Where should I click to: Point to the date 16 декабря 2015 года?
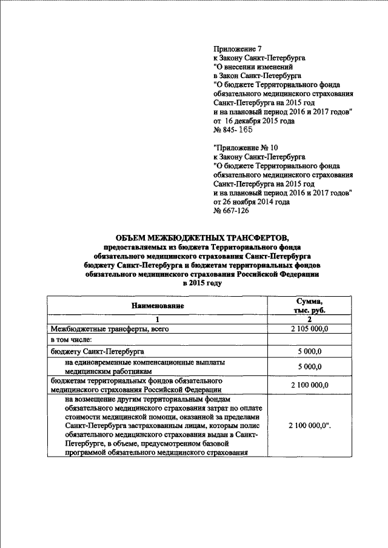pyautogui.click(x=259, y=121)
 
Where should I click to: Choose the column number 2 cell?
pyautogui.click(x=309, y=319)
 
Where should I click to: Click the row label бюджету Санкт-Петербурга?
pyautogui.click(x=97, y=351)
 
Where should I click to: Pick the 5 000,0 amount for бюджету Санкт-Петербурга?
pyautogui.click(x=309, y=351)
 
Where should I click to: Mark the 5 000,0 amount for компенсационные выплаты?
pyautogui.click(x=309, y=366)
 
